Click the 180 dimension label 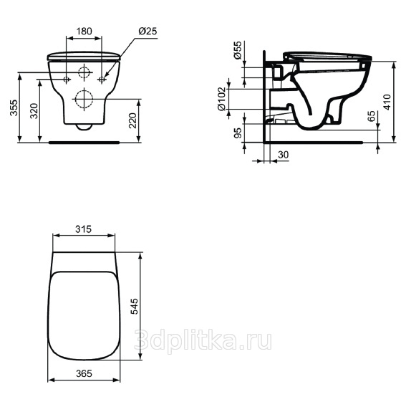[84, 31]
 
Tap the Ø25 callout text [148, 31]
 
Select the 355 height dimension [14, 107]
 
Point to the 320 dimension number [34, 111]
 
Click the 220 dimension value [132, 120]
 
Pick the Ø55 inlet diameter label [238, 50]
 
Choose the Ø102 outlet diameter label [222, 99]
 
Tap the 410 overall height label [387, 102]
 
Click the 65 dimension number [372, 116]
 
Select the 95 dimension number [238, 133]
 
